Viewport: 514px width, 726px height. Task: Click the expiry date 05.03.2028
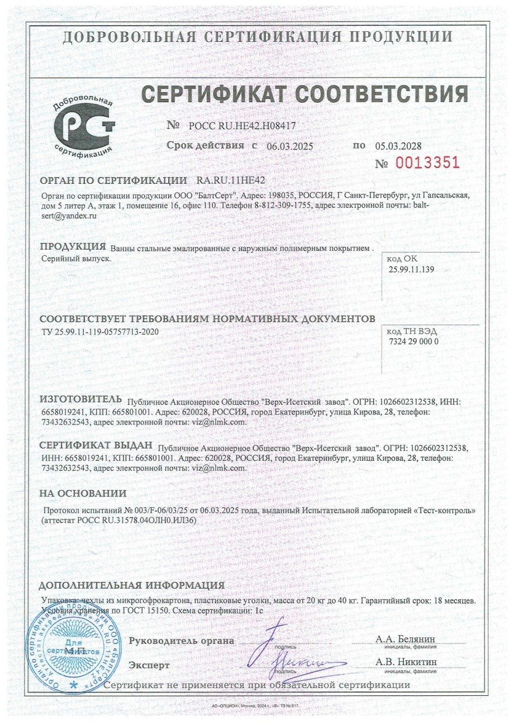(398, 146)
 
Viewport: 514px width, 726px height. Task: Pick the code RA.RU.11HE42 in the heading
(231, 180)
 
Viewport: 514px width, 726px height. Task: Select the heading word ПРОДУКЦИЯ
(73, 246)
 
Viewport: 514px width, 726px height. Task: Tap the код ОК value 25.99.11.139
(412, 270)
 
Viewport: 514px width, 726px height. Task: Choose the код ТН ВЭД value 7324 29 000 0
(413, 341)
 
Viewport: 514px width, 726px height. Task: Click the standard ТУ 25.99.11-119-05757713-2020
(104, 332)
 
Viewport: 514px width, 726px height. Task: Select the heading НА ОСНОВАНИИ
(83, 493)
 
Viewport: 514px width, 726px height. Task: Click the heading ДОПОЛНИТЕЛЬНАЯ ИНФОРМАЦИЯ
(131, 585)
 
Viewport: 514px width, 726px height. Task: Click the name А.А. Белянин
(406, 639)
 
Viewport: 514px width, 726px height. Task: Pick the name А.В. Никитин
(406, 662)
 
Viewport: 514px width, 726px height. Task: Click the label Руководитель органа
(182, 641)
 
